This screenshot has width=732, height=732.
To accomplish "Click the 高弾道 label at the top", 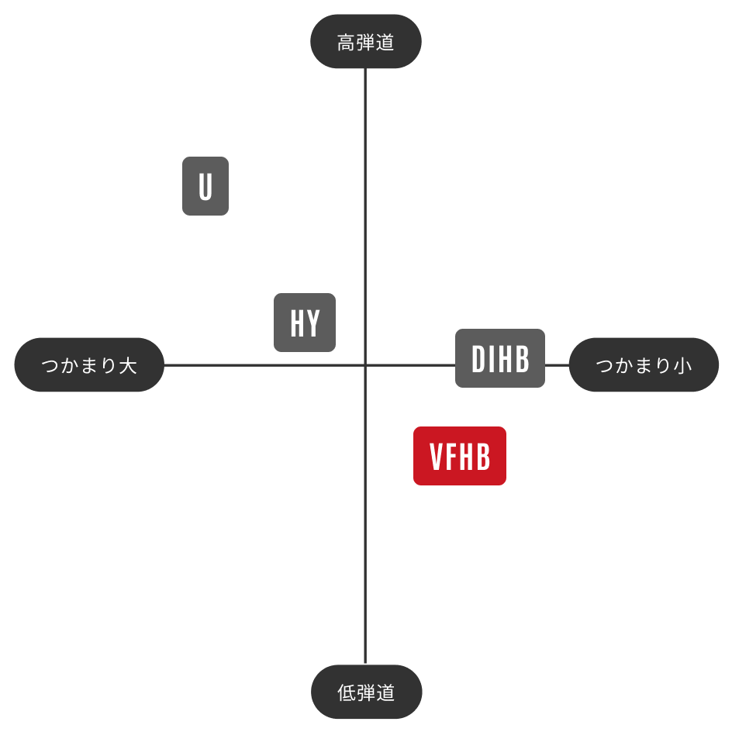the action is (365, 42).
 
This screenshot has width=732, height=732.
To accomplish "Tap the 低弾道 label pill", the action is (367, 692).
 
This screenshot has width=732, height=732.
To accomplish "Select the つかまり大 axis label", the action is (89, 364).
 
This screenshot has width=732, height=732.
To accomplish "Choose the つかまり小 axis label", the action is (644, 364).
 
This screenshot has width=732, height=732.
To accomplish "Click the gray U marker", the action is (205, 186).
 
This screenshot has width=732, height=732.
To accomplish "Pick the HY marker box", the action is (305, 323).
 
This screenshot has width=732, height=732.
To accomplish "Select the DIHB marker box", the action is (500, 358).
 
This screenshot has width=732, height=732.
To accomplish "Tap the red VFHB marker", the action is (460, 456).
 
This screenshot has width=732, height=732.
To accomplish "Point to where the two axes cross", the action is (365, 365).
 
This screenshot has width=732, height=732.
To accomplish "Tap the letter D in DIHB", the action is (478, 359).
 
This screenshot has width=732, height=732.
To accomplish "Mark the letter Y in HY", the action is (313, 323).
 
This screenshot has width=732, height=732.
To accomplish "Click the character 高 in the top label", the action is (346, 43).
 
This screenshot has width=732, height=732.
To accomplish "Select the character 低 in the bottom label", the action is (347, 692).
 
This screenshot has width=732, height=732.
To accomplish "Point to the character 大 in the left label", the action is (128, 365).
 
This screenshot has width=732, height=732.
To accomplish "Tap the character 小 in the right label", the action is (682, 365).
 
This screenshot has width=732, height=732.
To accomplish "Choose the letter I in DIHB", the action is (491, 359).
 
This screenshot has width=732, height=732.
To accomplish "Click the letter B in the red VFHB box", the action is (484, 457).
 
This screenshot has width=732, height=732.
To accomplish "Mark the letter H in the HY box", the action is (298, 323).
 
